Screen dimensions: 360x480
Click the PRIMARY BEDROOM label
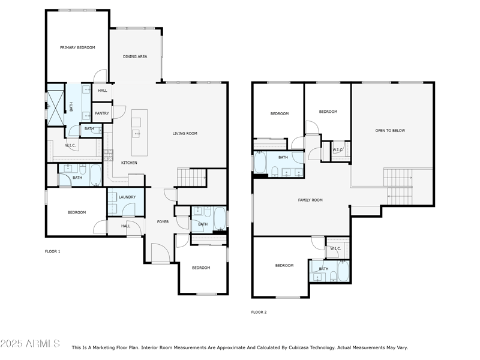coord(77,47)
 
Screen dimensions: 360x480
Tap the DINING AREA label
coord(135,56)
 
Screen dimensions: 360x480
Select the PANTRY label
coord(102,113)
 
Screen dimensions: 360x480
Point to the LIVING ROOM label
coord(185,133)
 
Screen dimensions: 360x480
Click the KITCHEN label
coord(129,163)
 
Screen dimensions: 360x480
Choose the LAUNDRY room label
coord(127,197)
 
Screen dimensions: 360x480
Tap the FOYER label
coord(163,221)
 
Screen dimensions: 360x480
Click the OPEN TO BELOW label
coord(390,130)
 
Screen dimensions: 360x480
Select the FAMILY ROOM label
coord(310,200)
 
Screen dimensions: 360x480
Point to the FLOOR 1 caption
coord(53,251)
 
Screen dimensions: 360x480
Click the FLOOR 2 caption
coord(259,312)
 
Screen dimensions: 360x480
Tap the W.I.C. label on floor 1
coord(70,145)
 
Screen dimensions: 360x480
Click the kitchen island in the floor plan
coord(139,131)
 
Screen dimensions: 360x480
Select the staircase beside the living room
coord(191,178)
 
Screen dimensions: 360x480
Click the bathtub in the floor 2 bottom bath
coord(343,271)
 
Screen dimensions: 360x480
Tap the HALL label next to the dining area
coord(103,91)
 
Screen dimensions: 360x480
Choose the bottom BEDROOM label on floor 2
coord(284,265)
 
